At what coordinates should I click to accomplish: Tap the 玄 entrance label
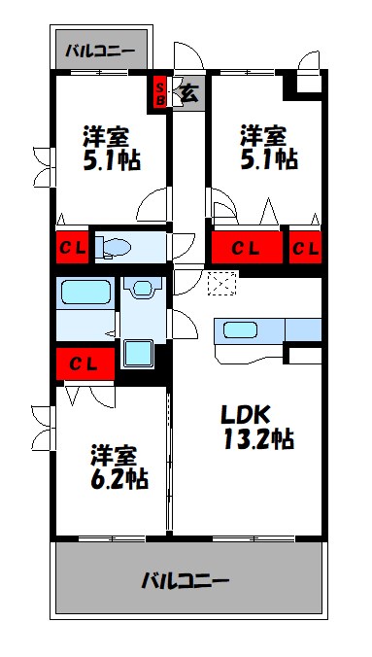[x=188, y=93]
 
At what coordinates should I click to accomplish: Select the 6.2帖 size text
[x=120, y=479]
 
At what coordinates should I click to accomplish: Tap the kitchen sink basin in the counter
[x=241, y=330]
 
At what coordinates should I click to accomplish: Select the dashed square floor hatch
[x=221, y=282]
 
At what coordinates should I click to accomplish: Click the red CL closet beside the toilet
[x=74, y=246]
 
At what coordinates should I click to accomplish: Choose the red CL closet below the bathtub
[x=83, y=364]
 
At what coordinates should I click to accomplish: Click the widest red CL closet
[x=247, y=247]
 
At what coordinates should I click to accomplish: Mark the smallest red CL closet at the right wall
[x=305, y=247]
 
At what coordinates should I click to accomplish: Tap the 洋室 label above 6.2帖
[x=114, y=454]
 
